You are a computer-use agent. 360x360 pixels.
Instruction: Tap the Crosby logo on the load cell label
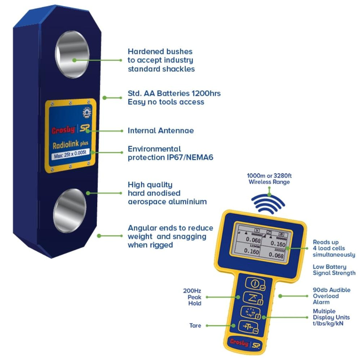(x=63, y=130)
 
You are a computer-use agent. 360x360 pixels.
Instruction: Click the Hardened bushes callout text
(x=161, y=60)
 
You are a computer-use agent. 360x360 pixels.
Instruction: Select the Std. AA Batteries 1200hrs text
(x=174, y=97)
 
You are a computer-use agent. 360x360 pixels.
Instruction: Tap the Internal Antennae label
(x=160, y=130)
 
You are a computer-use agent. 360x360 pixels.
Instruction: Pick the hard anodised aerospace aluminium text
(x=167, y=193)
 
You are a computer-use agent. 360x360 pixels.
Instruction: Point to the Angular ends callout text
(x=170, y=236)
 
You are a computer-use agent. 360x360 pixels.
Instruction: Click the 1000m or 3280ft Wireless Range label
(x=269, y=179)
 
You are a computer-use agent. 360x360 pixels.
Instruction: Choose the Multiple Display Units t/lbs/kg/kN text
(x=329, y=317)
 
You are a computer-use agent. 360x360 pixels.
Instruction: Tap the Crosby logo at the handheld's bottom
(x=239, y=342)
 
